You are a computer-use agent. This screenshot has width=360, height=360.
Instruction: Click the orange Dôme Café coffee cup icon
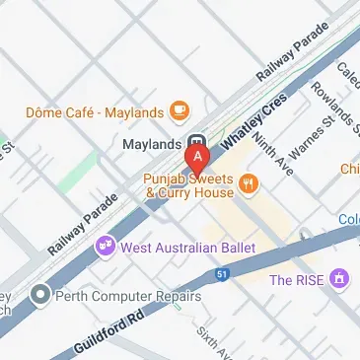[x=179, y=108]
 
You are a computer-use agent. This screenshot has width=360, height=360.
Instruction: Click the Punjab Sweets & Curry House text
[x=187, y=186]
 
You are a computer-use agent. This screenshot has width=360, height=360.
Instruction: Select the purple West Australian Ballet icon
[x=104, y=245]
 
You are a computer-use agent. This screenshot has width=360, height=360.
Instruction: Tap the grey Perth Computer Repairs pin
[x=39, y=294]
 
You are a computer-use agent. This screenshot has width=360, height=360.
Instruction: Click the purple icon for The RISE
[x=340, y=280]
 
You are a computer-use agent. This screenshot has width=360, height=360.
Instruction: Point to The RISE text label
[x=298, y=280]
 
